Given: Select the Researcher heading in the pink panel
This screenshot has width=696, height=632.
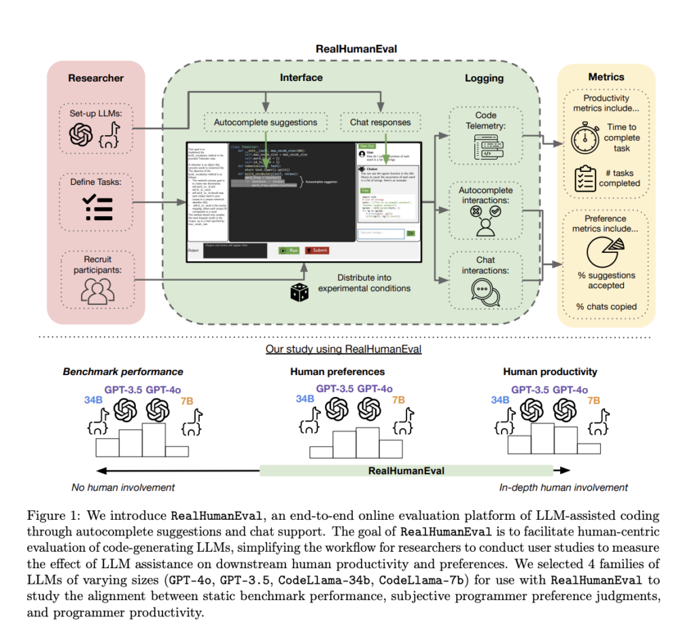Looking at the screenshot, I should click(96, 78).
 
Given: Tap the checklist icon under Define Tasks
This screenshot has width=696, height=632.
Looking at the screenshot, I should click(97, 209).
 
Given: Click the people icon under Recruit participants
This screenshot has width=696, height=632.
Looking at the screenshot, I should click(96, 290).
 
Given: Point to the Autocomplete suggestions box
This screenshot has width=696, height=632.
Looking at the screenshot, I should click(265, 122).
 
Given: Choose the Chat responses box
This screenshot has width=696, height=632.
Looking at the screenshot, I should click(380, 122).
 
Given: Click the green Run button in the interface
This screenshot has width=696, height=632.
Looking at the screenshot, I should click(289, 250).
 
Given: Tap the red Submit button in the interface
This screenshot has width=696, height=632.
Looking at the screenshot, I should click(317, 250).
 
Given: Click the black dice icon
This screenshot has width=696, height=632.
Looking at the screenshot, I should click(299, 292).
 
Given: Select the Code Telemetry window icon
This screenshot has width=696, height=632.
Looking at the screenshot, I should click(485, 145).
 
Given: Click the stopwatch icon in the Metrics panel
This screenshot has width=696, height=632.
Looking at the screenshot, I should click(584, 138).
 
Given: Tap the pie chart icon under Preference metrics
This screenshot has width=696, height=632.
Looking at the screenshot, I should click(604, 252).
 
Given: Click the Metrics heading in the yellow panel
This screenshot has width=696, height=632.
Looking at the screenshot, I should click(606, 77).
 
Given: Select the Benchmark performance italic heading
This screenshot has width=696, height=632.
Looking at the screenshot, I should click(123, 372).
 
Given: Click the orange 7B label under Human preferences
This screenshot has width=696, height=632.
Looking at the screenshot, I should click(397, 400).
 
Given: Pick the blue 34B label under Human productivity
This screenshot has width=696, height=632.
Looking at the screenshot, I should click(500, 400).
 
